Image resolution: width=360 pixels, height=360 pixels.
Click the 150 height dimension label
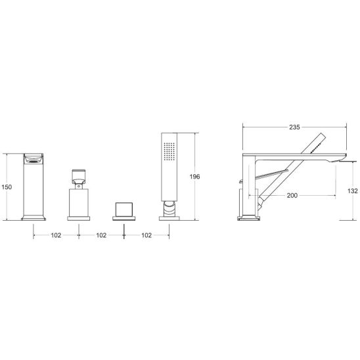click(x=7, y=187)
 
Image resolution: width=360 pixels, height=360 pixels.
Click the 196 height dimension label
click(x=194, y=177)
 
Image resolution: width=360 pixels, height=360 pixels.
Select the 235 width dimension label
click(x=294, y=127)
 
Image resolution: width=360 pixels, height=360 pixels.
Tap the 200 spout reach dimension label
click(x=292, y=195)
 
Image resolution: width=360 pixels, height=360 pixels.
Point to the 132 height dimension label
click(x=352, y=191)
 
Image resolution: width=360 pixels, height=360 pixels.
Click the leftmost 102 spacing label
click(x=56, y=235)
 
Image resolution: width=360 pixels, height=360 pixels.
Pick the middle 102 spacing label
click(x=101, y=235)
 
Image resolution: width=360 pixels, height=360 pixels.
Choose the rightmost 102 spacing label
click(x=146, y=235)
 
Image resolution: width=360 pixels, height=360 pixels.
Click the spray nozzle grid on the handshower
click(x=169, y=151)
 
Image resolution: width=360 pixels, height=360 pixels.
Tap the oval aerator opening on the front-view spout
click(x=34, y=161)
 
